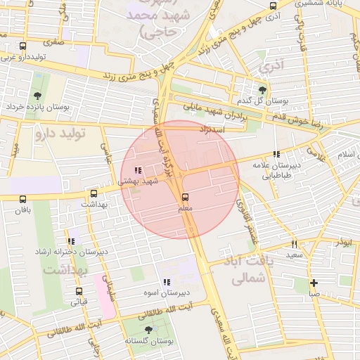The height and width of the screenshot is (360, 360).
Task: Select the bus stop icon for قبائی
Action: point(78,290)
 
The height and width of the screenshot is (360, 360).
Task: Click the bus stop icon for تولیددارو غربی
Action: point(23,46)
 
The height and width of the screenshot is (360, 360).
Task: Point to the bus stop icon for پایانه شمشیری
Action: point(273,6)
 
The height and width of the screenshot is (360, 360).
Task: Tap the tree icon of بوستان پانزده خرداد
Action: point(37,96)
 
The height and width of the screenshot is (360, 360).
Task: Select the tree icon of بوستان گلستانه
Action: point(148,329)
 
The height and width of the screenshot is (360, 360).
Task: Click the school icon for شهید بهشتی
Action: point(137,169)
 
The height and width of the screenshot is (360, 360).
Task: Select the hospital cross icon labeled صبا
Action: point(313,283)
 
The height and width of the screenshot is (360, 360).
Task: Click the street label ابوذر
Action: point(344,241)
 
